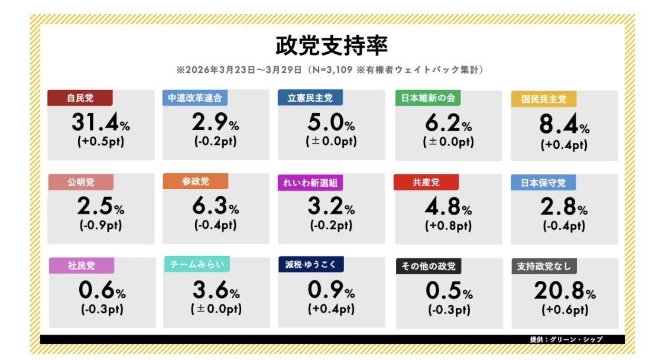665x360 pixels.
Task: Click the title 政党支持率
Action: point(332,45)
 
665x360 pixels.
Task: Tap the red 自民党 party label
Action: point(80,98)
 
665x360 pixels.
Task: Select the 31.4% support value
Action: point(100,123)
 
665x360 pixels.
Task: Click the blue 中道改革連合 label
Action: point(195,98)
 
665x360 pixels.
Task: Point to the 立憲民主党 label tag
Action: point(310,98)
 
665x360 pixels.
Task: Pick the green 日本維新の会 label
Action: point(428,98)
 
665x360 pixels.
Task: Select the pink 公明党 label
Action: point(80,182)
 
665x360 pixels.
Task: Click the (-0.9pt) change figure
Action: point(100,226)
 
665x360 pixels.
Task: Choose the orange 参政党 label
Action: point(196,181)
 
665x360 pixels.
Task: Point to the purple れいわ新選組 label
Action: point(310,183)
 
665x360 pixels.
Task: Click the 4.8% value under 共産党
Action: point(448,206)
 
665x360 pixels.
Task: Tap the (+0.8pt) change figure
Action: point(448,226)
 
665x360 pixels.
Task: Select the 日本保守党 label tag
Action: point(543,182)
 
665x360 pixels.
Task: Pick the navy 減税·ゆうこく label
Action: point(310,264)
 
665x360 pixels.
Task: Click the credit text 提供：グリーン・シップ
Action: point(566,339)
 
